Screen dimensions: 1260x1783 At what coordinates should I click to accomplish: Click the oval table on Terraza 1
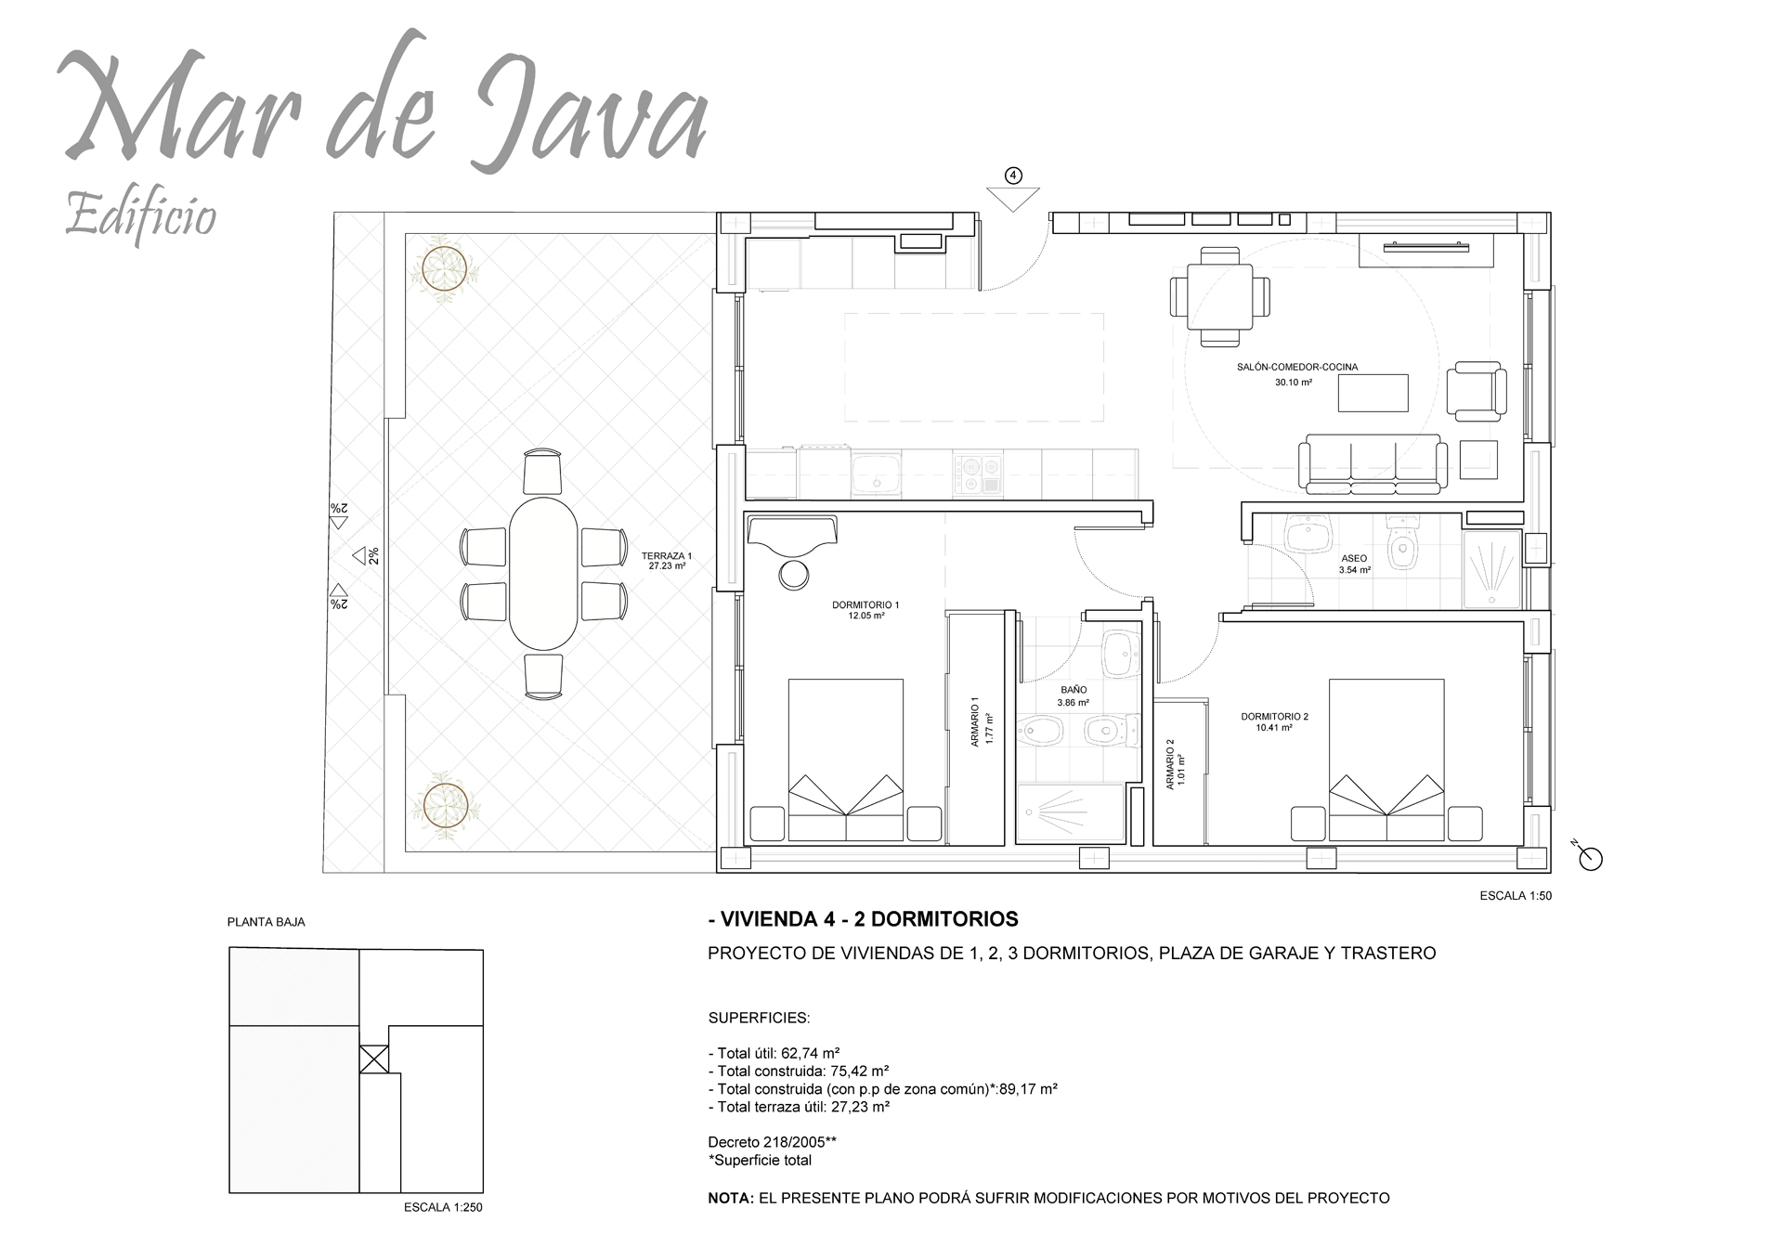pos(543,574)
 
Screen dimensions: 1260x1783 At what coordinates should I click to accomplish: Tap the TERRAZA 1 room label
pos(667,561)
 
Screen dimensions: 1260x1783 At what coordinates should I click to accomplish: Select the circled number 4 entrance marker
pos(1013,175)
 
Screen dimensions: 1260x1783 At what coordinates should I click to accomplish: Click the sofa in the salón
pos(1373,465)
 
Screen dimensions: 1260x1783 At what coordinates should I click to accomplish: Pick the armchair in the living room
pos(1476,391)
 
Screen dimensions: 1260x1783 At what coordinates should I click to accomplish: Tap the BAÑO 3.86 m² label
pos(1073,696)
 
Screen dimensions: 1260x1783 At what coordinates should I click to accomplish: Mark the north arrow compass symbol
pos(1590,859)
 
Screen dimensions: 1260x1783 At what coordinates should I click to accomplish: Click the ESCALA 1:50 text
pos(1515,896)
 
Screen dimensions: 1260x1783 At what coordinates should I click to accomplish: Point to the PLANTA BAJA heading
pos(267,922)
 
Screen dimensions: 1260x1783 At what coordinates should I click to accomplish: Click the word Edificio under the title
pos(141,216)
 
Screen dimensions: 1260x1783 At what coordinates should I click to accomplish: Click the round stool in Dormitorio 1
pos(794,576)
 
